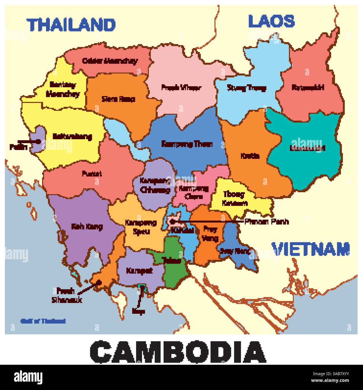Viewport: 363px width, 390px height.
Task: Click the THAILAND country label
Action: tap(72, 25)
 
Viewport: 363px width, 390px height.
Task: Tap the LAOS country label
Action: tap(271, 21)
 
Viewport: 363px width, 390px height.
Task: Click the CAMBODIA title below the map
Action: tap(177, 352)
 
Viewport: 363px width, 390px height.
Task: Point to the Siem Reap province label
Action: tap(118, 99)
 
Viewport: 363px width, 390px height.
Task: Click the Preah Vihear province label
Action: tap(181, 88)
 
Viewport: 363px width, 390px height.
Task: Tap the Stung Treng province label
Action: tap(246, 88)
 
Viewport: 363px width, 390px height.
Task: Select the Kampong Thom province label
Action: tap(187, 144)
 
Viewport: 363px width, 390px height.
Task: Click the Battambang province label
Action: tap(72, 137)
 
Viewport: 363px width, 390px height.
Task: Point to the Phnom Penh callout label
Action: tap(266, 222)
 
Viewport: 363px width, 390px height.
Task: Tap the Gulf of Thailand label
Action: tap(43, 321)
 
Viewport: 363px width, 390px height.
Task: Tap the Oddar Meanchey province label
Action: tap(110, 61)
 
